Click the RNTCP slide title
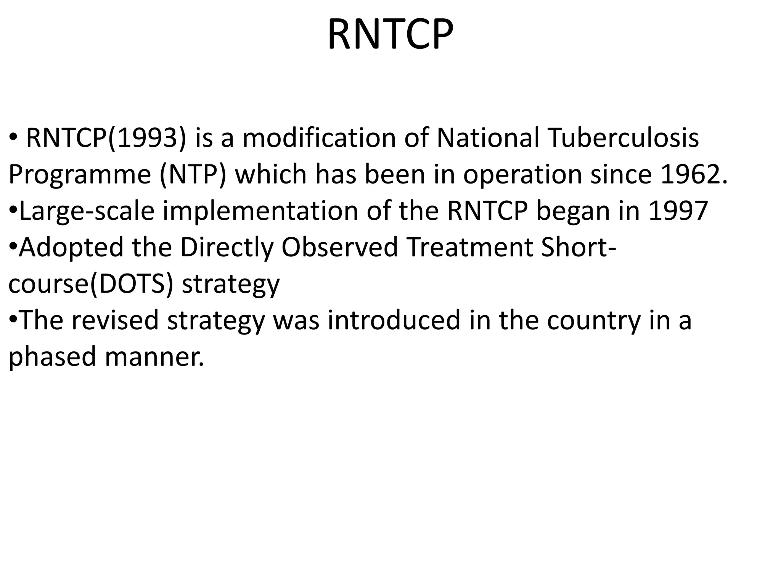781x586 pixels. [x=390, y=35]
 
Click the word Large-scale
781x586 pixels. [x=87, y=211]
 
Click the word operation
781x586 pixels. [x=523, y=175]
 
